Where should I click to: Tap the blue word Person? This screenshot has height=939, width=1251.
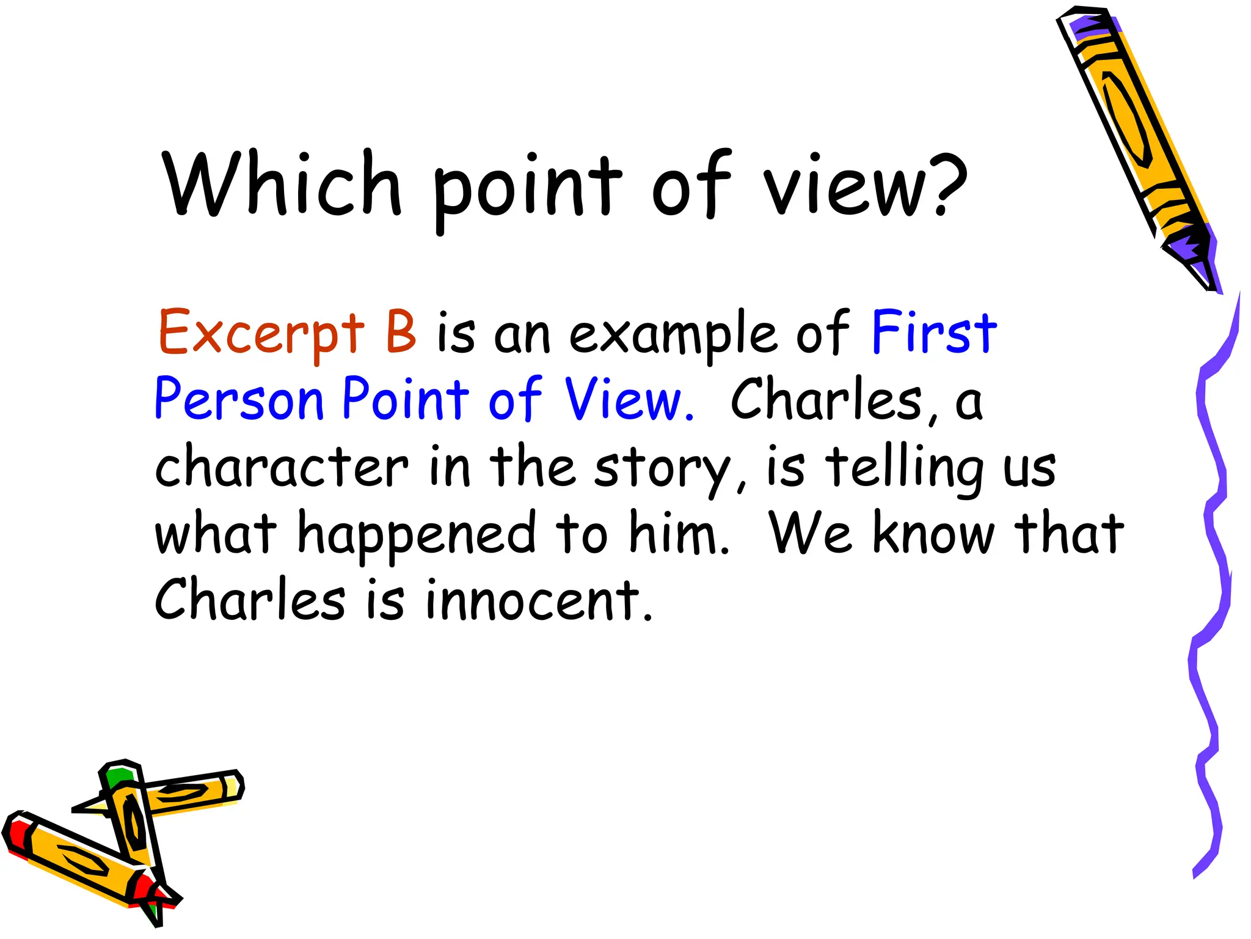click(239, 400)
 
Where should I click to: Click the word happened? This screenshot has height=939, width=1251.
click(416, 536)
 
